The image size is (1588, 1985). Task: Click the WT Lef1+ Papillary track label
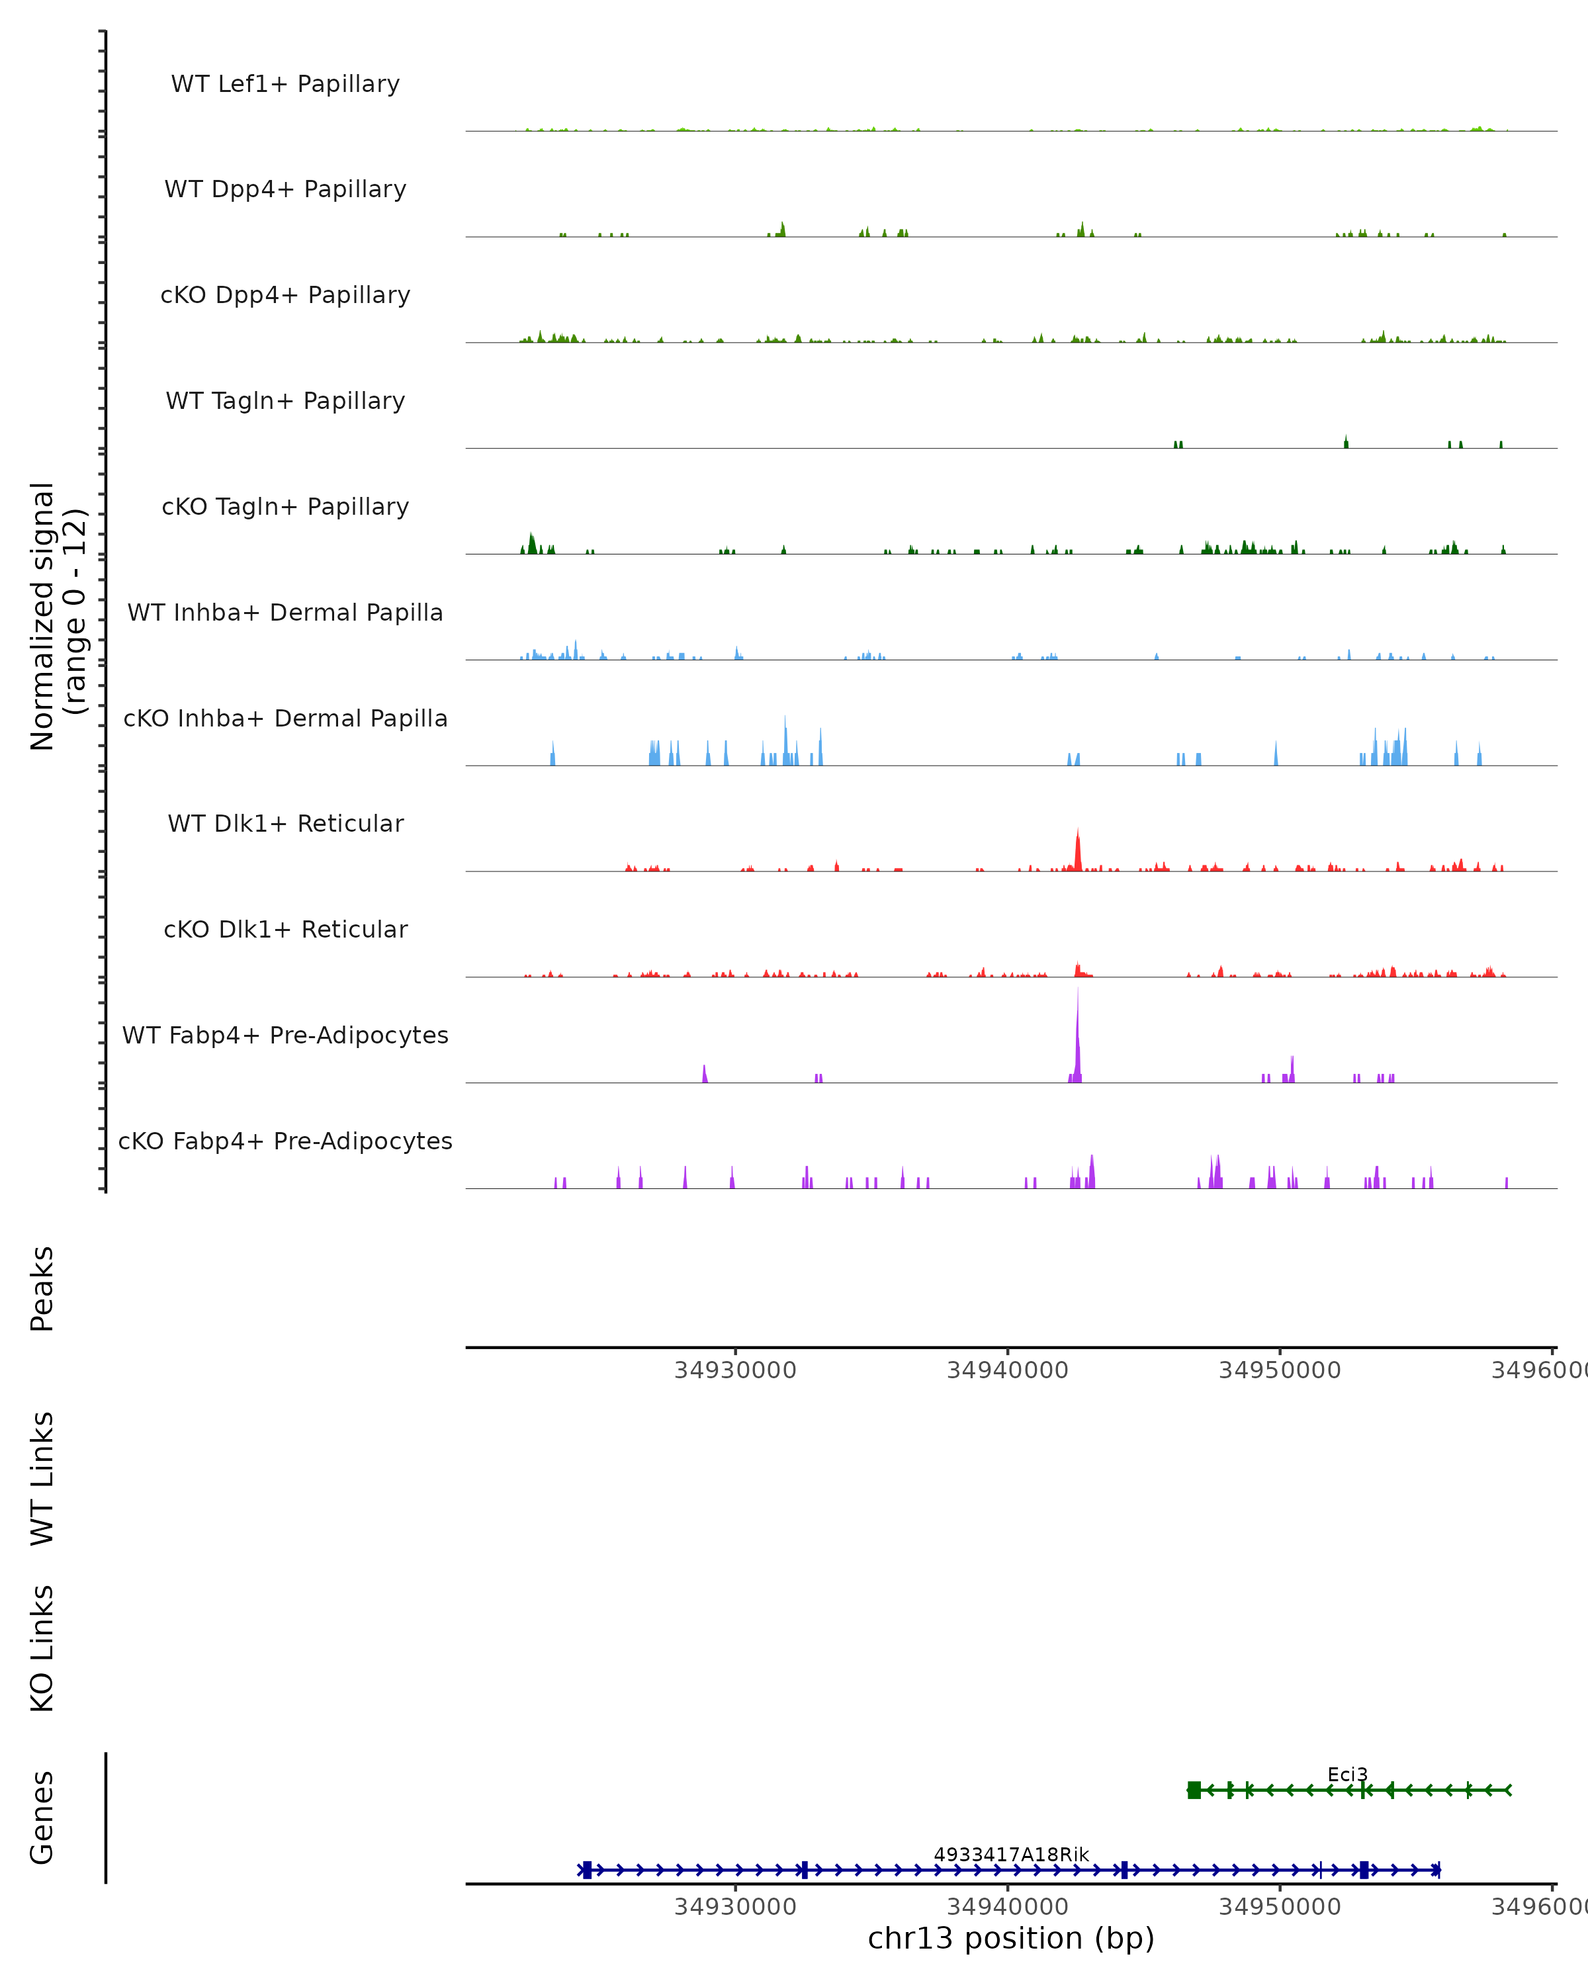click(x=285, y=84)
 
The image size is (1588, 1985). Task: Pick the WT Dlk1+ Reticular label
click(x=285, y=823)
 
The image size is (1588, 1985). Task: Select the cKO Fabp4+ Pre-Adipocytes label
click(x=285, y=1141)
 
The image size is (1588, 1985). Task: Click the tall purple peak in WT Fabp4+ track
click(x=1077, y=1031)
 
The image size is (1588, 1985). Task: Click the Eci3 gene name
click(x=1346, y=1774)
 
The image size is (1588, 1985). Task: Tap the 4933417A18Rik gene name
click(x=1011, y=1854)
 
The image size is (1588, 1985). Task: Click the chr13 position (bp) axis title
click(x=1011, y=1938)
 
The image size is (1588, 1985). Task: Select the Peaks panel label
click(x=42, y=1289)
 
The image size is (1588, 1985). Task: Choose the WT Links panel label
click(x=42, y=1478)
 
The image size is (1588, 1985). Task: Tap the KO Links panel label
click(x=42, y=1649)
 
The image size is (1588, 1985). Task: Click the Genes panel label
click(x=42, y=1818)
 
